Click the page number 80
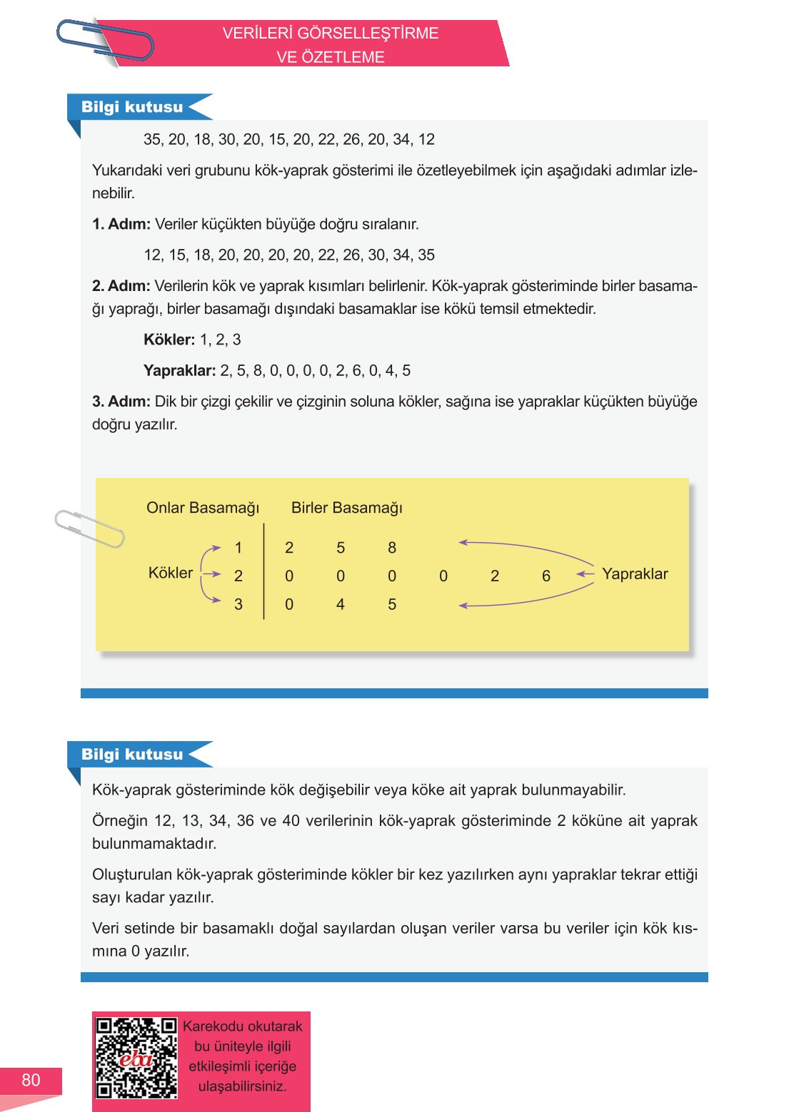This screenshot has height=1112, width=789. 31,1080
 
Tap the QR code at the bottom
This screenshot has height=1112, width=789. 136,1058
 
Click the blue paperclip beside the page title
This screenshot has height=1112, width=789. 106,41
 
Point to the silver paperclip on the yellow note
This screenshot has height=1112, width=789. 89,529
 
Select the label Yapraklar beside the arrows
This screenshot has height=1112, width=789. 635,574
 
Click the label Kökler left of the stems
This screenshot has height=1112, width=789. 170,573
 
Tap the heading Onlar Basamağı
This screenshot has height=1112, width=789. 203,508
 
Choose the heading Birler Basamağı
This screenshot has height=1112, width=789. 347,508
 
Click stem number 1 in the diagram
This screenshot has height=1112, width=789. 238,548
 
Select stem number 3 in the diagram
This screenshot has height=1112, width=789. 238,604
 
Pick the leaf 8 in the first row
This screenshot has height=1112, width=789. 392,548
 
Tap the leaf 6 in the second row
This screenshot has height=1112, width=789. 546,576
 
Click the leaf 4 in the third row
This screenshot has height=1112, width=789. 341,604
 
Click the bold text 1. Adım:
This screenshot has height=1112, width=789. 121,224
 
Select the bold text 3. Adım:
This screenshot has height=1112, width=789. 121,402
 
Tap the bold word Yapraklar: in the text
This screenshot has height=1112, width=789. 179,371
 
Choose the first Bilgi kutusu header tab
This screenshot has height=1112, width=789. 132,107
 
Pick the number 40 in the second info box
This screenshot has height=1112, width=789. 291,821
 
